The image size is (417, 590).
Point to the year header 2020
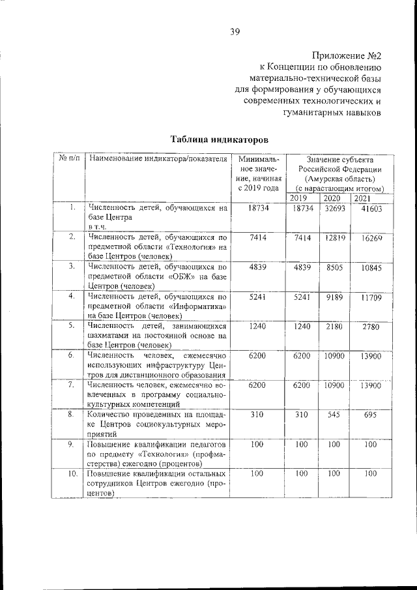tap(332, 198)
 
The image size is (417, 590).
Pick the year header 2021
tap(362, 198)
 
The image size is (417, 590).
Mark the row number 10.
tap(73, 473)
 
